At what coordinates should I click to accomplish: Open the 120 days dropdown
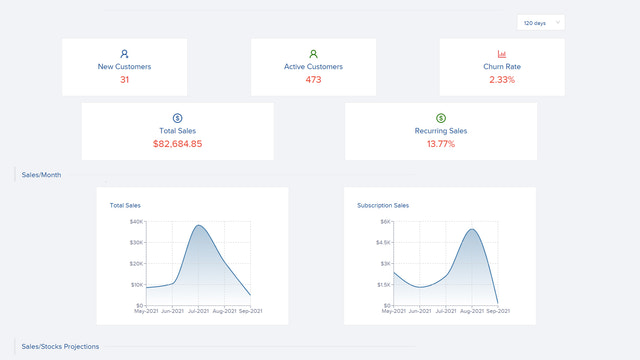pyautogui.click(x=541, y=22)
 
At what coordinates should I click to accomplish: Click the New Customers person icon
pyautogui.click(x=124, y=54)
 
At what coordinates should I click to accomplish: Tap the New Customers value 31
pyautogui.click(x=124, y=80)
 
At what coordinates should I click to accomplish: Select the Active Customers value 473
pyautogui.click(x=313, y=80)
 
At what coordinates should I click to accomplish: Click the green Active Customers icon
pyautogui.click(x=313, y=54)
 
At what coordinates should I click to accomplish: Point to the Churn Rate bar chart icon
pyautogui.click(x=502, y=54)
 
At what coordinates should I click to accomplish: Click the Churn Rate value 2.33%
pyautogui.click(x=502, y=80)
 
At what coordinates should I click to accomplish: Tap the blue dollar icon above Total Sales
pyautogui.click(x=177, y=118)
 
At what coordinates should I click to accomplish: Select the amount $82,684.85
pyautogui.click(x=177, y=144)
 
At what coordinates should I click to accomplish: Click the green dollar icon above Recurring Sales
pyautogui.click(x=441, y=118)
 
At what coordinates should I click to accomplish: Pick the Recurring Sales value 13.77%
pyautogui.click(x=441, y=144)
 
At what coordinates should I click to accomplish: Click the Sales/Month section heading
pyautogui.click(x=41, y=175)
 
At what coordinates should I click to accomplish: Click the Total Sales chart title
pyautogui.click(x=125, y=206)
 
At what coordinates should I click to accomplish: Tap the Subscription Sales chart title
pyautogui.click(x=383, y=206)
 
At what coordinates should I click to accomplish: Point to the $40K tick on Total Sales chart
pyautogui.click(x=136, y=222)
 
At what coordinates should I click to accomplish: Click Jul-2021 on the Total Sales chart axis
pyautogui.click(x=199, y=311)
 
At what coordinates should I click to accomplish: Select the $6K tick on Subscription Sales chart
pyautogui.click(x=385, y=222)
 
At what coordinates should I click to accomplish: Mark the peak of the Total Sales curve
pyautogui.click(x=199, y=226)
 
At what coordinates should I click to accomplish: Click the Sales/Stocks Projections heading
pyautogui.click(x=60, y=346)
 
